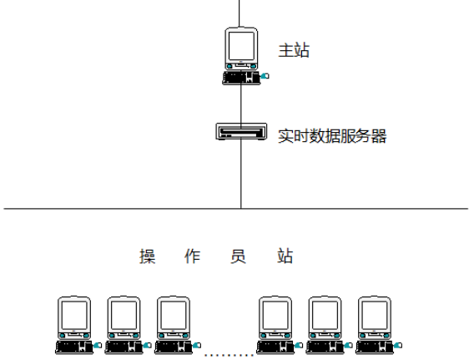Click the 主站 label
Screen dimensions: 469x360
click(294, 50)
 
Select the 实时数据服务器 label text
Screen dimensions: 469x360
click(332, 136)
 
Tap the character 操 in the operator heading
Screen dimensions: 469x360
click(148, 256)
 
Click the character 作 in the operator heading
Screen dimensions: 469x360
click(192, 256)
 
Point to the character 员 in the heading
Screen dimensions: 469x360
click(238, 256)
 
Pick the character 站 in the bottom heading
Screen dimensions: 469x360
click(285, 256)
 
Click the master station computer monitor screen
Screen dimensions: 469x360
click(241, 46)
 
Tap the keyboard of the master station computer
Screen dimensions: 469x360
click(241, 79)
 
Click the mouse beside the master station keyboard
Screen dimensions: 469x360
click(265, 76)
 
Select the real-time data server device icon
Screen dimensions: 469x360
click(241, 131)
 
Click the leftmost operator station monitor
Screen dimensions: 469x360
click(74, 317)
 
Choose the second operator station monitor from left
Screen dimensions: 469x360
click(124, 317)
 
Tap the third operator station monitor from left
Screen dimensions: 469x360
click(174, 317)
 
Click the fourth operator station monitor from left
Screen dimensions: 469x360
click(275, 317)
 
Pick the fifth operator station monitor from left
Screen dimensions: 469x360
click(325, 317)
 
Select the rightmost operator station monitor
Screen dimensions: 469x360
click(375, 317)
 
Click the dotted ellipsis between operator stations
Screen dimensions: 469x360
click(229, 355)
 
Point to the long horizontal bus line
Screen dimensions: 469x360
click(235, 208)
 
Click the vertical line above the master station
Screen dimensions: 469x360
click(240, 13)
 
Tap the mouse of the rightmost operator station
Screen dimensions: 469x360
click(397, 345)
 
